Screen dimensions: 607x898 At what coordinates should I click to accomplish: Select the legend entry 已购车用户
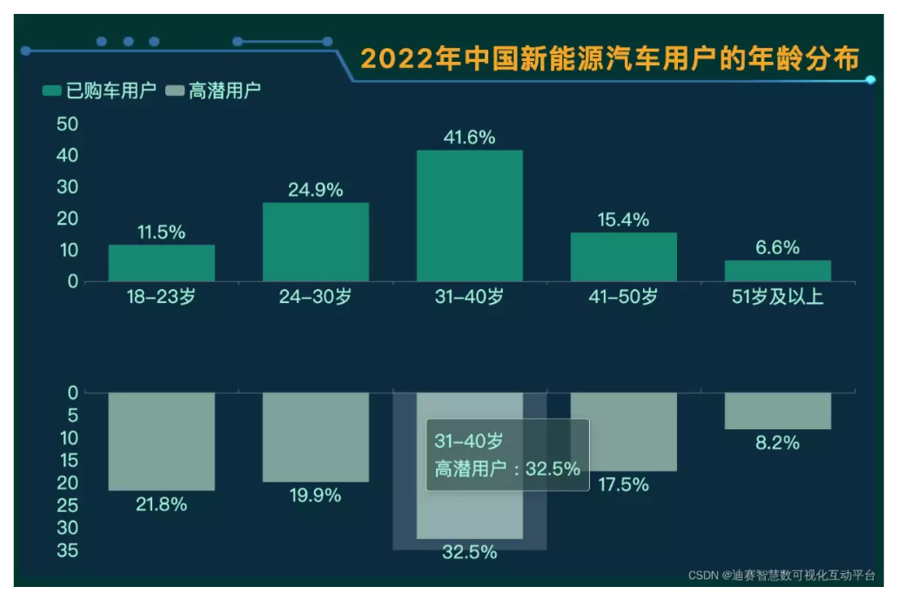(x=99, y=91)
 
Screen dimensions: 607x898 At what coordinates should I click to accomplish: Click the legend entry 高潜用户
(x=213, y=91)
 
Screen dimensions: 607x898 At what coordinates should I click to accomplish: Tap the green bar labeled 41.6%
(x=470, y=216)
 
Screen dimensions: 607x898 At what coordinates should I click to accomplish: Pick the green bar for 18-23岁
(x=161, y=263)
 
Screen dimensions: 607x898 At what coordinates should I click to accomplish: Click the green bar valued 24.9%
(x=315, y=242)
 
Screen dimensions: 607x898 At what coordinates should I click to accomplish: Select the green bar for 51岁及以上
(x=777, y=271)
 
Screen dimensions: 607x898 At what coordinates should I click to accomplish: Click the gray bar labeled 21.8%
(x=161, y=441)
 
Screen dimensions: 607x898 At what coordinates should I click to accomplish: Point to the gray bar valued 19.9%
(x=315, y=436)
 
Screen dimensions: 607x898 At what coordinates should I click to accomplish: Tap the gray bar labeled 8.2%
(x=777, y=410)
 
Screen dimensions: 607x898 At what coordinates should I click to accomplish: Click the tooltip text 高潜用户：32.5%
(x=507, y=469)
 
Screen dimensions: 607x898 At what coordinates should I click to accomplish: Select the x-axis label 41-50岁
(x=623, y=297)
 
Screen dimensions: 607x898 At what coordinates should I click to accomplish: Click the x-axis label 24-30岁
(x=315, y=297)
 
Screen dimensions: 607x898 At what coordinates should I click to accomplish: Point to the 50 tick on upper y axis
(x=69, y=125)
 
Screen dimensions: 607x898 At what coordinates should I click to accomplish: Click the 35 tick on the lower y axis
(x=69, y=550)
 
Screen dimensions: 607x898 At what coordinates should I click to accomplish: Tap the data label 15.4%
(x=623, y=220)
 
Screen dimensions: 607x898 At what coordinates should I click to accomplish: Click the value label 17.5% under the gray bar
(x=623, y=485)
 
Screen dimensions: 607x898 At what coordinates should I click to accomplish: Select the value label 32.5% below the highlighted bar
(x=470, y=552)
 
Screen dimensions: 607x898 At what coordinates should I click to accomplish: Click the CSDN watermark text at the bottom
(x=781, y=576)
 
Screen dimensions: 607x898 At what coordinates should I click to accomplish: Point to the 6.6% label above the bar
(x=777, y=247)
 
